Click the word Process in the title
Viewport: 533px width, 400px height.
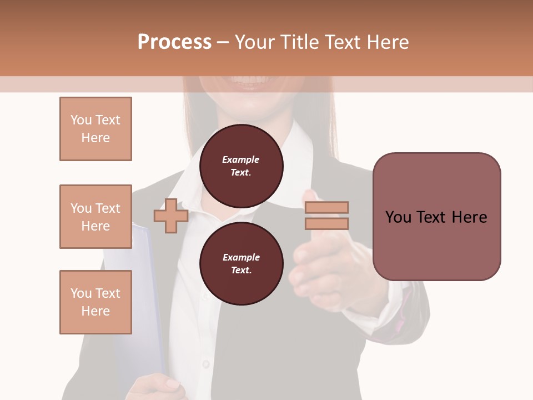click(x=174, y=42)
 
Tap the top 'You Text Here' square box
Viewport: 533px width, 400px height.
click(x=95, y=129)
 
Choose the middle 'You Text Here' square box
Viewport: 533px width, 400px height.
click(x=95, y=217)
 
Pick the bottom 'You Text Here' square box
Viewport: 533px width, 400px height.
click(x=95, y=302)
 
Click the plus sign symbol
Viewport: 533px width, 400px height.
click(x=171, y=216)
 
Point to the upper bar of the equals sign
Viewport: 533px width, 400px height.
click(x=326, y=207)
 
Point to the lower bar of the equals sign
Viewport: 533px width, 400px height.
click(x=326, y=224)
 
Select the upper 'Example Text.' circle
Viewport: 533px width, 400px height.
click(x=241, y=166)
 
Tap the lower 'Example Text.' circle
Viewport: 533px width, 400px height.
click(x=241, y=264)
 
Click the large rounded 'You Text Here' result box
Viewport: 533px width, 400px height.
click(x=436, y=217)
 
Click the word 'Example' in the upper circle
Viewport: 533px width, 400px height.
click(x=241, y=159)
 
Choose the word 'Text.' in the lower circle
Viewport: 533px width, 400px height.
click(x=241, y=271)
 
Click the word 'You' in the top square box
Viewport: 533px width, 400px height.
click(x=81, y=120)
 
